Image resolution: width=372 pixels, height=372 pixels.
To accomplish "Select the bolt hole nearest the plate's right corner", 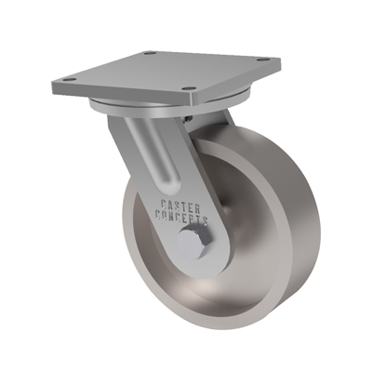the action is click(x=263, y=60).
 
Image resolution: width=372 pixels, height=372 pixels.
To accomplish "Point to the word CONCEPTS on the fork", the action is click(x=181, y=218).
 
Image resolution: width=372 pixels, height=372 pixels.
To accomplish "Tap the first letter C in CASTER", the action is click(x=164, y=204).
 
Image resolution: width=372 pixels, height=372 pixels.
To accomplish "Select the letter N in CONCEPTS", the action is click(x=172, y=216).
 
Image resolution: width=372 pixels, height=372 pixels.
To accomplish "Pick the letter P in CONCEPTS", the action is click(x=193, y=219).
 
